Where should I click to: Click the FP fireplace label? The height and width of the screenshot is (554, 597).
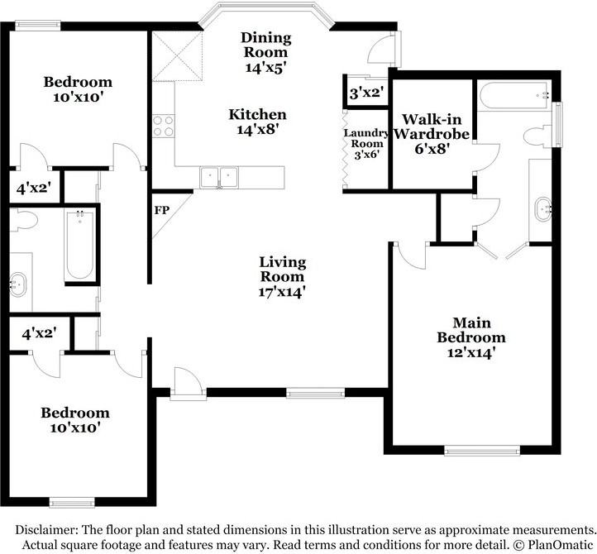tap(162, 210)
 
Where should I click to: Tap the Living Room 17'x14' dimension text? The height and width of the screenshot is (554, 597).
tap(282, 292)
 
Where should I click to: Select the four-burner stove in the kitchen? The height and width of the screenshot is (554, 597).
tap(164, 127)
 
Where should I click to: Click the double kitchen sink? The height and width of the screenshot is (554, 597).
tap(219, 177)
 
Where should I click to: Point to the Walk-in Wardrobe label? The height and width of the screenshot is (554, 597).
tap(432, 127)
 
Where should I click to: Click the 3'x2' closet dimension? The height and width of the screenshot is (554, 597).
tap(366, 93)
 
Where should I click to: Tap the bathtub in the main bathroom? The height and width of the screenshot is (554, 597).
tap(514, 96)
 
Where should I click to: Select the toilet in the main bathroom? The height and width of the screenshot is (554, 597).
tap(537, 136)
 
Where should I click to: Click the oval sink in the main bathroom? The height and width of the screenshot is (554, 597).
tap(542, 208)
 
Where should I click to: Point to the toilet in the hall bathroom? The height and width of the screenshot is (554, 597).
tap(24, 220)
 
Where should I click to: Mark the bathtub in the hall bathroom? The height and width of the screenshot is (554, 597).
tap(79, 246)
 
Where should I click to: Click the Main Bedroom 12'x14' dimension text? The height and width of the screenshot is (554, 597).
tap(471, 352)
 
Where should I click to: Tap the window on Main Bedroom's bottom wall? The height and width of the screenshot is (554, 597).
tap(482, 451)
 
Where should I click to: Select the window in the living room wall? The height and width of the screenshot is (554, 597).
tap(315, 393)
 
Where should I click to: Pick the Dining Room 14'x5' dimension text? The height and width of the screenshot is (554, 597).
tap(265, 68)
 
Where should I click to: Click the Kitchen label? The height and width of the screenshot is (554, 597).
tap(257, 114)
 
